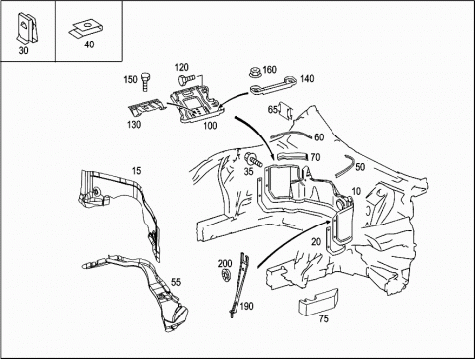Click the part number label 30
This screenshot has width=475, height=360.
(x=23, y=51)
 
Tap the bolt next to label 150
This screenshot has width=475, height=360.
(x=145, y=81)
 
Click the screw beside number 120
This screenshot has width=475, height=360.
(x=184, y=80)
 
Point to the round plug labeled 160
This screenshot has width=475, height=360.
(x=255, y=72)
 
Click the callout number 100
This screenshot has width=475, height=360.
(x=210, y=126)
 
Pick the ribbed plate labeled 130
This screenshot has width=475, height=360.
(x=145, y=107)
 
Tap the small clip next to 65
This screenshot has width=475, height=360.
(x=286, y=111)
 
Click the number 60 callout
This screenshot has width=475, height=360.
(x=319, y=137)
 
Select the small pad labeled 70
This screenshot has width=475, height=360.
(x=292, y=157)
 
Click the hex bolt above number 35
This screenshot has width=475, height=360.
(x=253, y=160)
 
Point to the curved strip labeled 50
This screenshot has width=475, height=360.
(x=346, y=165)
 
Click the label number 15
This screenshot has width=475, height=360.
(x=136, y=171)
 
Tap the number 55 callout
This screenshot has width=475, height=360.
(x=176, y=282)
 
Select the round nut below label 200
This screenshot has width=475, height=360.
(x=226, y=275)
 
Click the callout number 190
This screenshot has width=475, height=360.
(x=246, y=306)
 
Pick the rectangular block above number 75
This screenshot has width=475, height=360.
(x=319, y=301)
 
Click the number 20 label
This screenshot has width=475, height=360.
(x=316, y=242)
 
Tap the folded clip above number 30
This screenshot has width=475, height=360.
(x=27, y=28)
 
